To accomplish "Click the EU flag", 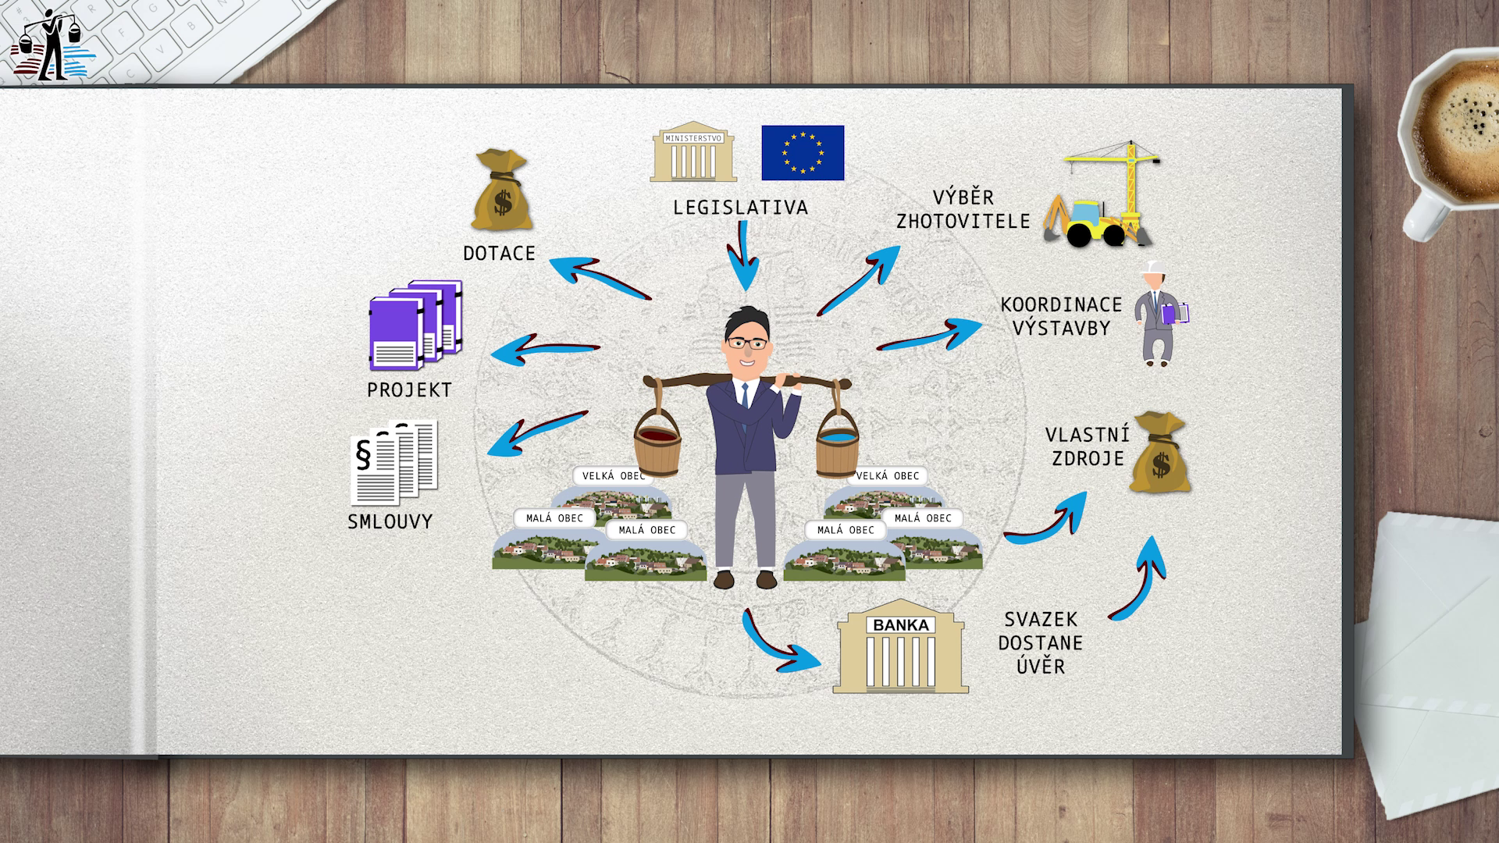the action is (x=803, y=152).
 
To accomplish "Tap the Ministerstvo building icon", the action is (x=693, y=152).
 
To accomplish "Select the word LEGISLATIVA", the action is (x=740, y=208).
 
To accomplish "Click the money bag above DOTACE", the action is (x=501, y=193).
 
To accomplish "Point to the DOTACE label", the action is (x=499, y=254).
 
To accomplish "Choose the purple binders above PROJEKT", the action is (x=415, y=324).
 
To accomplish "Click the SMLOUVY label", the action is (x=390, y=521).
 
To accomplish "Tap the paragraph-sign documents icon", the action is (x=394, y=462).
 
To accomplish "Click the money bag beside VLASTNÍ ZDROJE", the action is (x=1160, y=454).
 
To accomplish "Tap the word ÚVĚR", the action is (x=1041, y=667).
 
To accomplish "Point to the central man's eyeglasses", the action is (x=746, y=342).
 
